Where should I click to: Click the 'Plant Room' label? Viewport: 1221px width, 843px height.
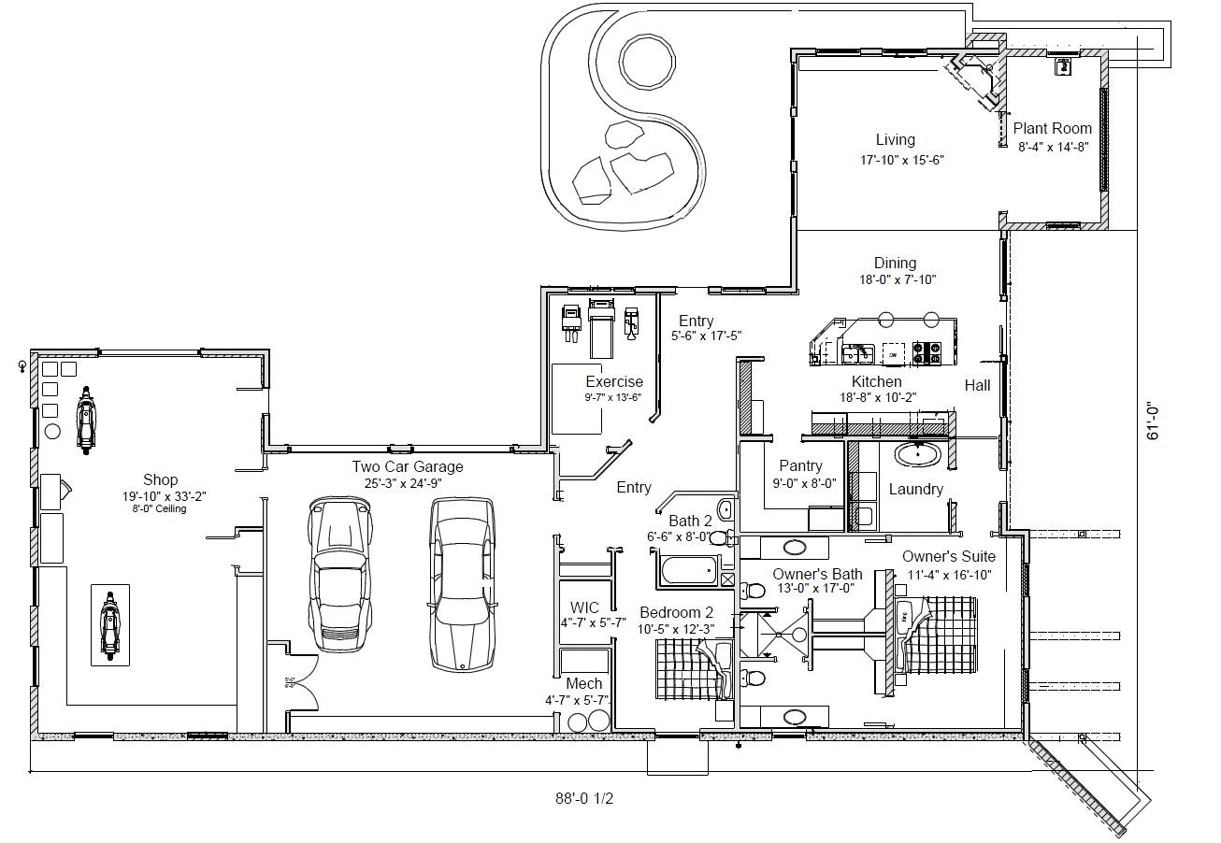tap(1053, 129)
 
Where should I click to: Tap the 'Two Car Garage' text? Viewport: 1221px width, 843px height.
tap(407, 466)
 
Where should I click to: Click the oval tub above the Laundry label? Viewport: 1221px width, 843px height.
tap(921, 455)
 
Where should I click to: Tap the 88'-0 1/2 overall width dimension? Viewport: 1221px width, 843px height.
tap(584, 799)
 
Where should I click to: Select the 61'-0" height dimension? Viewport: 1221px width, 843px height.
tap(1153, 421)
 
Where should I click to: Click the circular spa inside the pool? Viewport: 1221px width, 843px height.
tap(645, 64)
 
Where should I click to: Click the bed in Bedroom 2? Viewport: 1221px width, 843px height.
tap(692, 665)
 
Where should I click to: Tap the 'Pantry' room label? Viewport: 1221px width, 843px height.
tap(800, 465)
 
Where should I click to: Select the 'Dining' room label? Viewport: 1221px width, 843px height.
tap(895, 264)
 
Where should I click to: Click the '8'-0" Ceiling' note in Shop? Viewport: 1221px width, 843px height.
tap(160, 509)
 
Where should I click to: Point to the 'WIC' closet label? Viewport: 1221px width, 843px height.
tap(584, 608)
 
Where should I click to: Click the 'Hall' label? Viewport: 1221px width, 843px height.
tap(977, 385)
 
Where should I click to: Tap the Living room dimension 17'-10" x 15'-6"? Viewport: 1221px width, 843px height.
tap(901, 160)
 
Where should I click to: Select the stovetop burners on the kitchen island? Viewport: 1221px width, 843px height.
tap(927, 354)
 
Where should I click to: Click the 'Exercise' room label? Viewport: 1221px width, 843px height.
tap(614, 381)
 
